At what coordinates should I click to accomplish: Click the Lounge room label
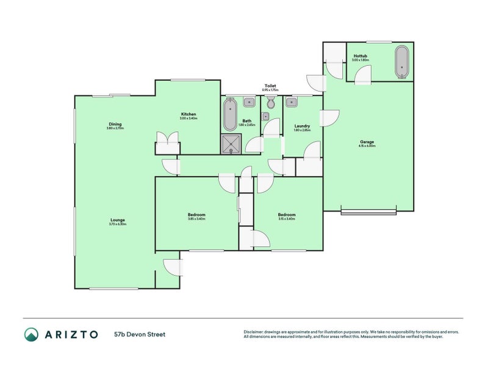point(118,220)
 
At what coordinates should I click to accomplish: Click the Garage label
point(367,142)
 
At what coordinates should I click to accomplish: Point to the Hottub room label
point(360,56)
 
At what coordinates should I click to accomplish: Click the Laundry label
point(302,126)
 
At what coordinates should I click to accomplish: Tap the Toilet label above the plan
point(270,85)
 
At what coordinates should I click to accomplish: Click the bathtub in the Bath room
point(229,115)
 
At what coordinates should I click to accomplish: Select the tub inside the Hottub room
point(401,62)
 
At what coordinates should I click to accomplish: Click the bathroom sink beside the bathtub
point(248,102)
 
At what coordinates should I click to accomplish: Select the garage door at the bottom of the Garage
point(368,212)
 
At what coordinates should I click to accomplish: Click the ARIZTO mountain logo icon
point(31,334)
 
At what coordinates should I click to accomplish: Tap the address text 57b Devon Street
point(140,334)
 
